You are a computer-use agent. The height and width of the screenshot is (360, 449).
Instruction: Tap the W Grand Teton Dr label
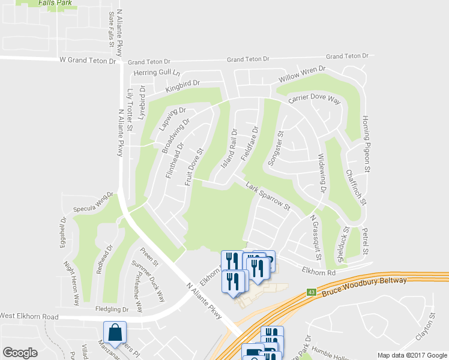pos(88,61)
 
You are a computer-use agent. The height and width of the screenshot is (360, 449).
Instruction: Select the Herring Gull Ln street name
pos(157,73)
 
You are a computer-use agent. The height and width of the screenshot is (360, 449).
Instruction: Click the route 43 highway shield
pos(311,292)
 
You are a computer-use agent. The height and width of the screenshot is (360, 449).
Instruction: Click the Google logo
pos(20,352)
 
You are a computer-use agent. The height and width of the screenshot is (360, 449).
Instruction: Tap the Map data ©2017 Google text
pos(411,355)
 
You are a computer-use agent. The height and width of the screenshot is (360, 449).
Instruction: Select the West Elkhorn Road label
pos(29,316)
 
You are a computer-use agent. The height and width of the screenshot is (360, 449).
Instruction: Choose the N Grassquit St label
pos(315,238)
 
